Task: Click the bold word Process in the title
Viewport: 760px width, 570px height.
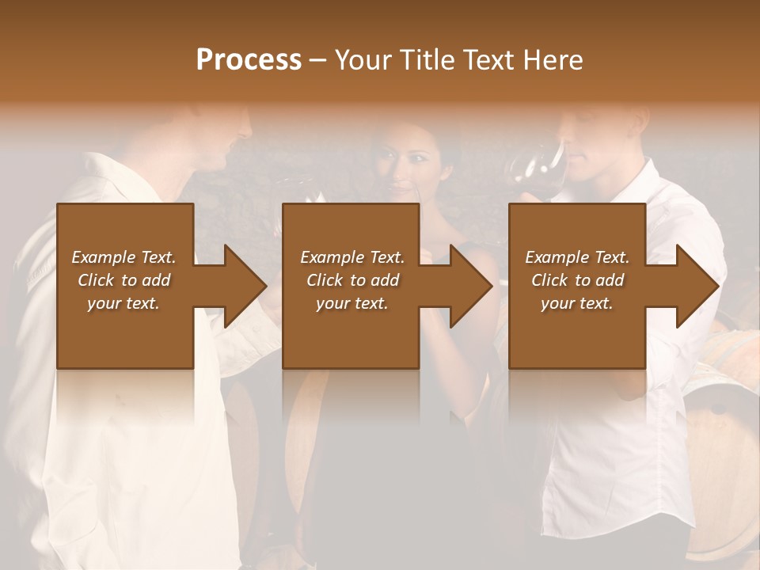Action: coord(249,60)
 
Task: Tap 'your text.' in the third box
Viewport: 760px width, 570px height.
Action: coord(576,303)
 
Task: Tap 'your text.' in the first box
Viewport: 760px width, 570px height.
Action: coord(123,303)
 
